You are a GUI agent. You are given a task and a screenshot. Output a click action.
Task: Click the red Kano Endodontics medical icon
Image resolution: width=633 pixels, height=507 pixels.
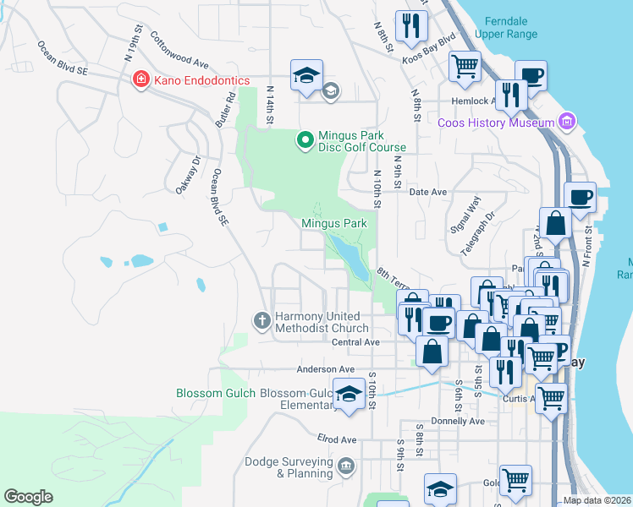[141, 79]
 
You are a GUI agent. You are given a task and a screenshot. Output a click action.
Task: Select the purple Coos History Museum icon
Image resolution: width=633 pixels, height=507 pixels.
[568, 122]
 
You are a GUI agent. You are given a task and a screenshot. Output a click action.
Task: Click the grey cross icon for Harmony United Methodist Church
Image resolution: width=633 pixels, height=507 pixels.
[262, 321]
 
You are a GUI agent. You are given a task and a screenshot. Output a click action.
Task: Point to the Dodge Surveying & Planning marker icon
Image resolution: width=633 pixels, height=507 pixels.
[345, 466]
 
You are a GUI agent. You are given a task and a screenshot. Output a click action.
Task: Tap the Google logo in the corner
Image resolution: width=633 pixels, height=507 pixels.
[28, 497]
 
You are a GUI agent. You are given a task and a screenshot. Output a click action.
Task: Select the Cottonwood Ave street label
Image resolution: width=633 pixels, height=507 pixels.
[179, 51]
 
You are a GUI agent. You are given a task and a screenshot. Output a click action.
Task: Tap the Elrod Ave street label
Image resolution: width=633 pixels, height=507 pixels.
[336, 439]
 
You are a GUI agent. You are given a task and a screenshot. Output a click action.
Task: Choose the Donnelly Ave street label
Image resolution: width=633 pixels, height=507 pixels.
[457, 421]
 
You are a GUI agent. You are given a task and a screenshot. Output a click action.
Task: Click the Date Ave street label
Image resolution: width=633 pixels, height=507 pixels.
[427, 192]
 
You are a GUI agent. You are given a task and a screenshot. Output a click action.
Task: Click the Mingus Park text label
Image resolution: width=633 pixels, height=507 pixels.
[333, 223]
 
